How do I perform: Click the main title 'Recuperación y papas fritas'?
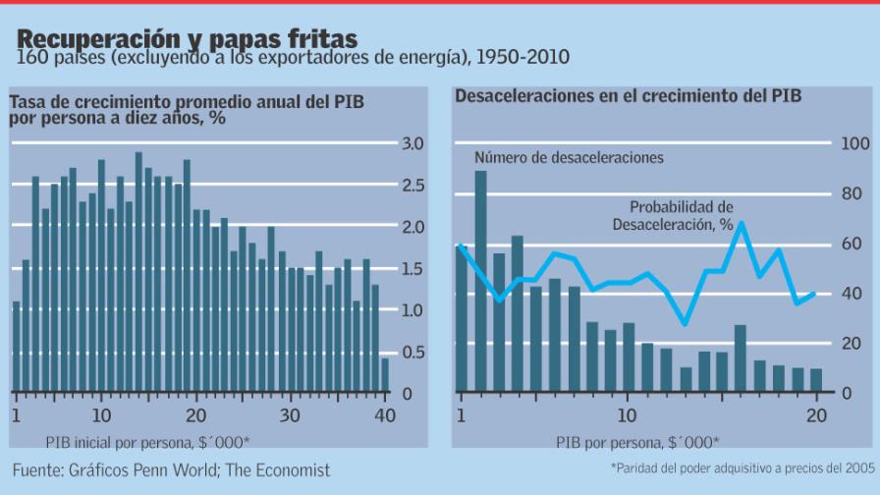(187, 39)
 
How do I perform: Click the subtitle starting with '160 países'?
(292, 59)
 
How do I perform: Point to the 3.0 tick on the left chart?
(413, 144)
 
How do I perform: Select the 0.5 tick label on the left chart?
(413, 353)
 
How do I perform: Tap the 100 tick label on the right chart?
(854, 144)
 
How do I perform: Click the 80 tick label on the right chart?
(854, 194)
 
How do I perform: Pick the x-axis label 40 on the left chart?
(385, 415)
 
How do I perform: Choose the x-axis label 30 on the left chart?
(290, 415)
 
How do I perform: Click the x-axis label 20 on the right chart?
(815, 415)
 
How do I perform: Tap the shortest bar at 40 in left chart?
(385, 375)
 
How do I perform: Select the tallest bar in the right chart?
(480, 282)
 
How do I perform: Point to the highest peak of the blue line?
(742, 223)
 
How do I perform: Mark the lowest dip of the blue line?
(685, 324)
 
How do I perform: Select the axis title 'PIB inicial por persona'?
(147, 442)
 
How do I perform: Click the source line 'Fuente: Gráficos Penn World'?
(172, 470)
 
